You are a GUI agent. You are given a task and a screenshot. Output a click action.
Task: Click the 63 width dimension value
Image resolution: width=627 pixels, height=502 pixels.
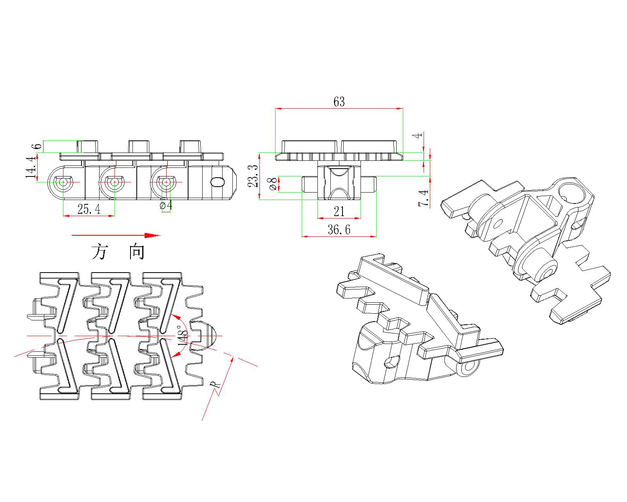339,102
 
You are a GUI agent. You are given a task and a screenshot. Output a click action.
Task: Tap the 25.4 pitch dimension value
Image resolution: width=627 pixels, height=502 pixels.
89,209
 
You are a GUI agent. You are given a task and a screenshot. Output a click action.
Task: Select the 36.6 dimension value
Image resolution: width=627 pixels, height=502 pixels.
339,230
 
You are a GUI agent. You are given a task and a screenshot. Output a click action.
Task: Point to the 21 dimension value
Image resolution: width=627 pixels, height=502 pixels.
339,212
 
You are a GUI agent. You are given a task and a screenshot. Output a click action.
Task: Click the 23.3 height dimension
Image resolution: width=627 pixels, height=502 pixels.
254,176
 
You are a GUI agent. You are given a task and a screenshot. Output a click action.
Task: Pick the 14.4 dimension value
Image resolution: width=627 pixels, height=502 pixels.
32,167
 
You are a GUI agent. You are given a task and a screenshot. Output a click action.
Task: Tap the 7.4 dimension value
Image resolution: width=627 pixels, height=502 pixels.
424,198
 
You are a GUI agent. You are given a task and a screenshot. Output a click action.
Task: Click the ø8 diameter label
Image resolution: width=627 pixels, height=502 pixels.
272,184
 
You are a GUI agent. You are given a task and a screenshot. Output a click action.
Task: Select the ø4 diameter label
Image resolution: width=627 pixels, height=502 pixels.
166,205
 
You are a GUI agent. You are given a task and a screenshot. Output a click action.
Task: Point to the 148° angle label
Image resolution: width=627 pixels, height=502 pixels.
183,335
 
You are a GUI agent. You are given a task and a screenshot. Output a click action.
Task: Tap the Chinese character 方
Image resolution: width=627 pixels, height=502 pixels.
100,252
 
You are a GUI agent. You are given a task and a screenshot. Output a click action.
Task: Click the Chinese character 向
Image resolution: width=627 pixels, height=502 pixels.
137,252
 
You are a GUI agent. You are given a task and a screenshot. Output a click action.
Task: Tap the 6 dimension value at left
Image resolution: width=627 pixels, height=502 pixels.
38,146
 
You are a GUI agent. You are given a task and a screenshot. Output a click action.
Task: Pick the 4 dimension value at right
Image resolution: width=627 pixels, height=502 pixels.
419,135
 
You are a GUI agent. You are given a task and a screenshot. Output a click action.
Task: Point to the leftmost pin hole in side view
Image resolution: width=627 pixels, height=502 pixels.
63,182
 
